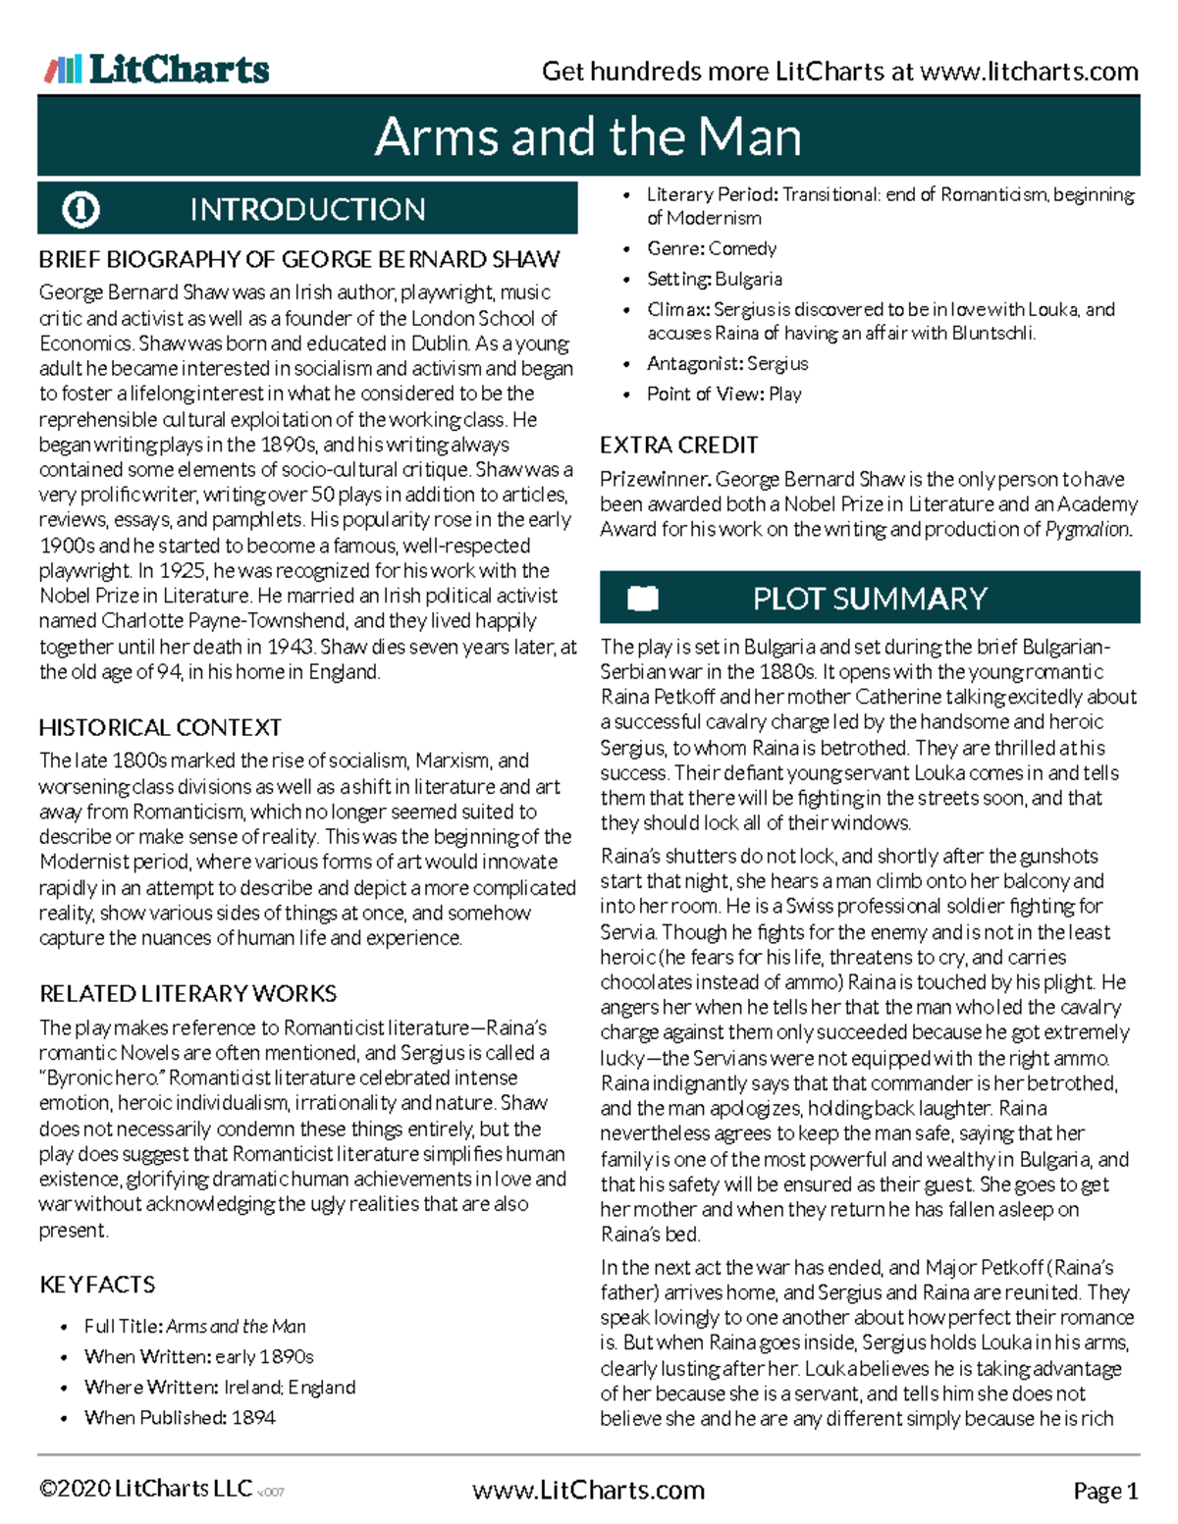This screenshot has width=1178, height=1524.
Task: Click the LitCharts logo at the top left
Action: coord(157,69)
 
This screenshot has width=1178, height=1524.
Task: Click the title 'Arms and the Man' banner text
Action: coord(588,136)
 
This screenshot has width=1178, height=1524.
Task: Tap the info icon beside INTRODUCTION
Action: coord(80,209)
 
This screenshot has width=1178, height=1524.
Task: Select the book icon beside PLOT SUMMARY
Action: coord(643,598)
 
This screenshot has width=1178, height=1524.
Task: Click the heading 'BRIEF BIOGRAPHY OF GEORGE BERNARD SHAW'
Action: coord(298,260)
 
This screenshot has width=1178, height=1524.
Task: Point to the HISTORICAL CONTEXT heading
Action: coord(160,728)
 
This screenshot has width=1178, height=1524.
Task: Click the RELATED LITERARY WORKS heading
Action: coord(187,994)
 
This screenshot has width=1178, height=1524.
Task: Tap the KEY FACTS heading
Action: coord(97,1285)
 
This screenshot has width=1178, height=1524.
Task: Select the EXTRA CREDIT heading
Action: coord(678,446)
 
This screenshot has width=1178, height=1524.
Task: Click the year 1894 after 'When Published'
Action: coord(253,1418)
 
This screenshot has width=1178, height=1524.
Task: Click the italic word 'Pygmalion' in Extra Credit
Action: coord(1087,530)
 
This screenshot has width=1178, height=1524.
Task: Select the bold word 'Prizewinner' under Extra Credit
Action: coord(655,480)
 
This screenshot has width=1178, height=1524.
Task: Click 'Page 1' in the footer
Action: coord(1105,1492)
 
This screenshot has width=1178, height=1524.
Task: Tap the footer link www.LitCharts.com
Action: coord(588,1491)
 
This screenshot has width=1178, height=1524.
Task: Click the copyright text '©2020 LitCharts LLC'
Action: coord(145,1490)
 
